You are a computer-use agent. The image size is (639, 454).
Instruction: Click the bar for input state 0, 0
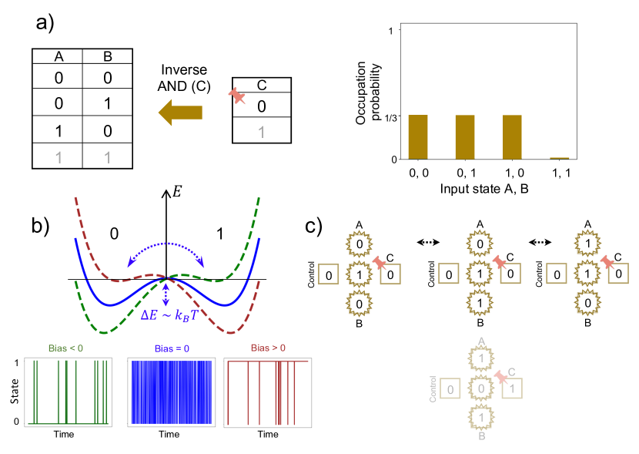(x=418, y=136)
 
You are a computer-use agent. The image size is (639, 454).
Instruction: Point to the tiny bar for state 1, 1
(x=559, y=157)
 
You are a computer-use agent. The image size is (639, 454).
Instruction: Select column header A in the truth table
(x=58, y=56)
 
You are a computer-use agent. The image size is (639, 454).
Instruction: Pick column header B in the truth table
(x=109, y=56)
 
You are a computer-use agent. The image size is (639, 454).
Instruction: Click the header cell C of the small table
(x=262, y=86)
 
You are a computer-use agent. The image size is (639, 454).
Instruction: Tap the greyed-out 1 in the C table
(x=262, y=131)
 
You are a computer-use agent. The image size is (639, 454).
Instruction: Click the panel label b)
(x=42, y=227)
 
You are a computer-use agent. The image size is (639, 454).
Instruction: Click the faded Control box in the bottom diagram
(x=454, y=390)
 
